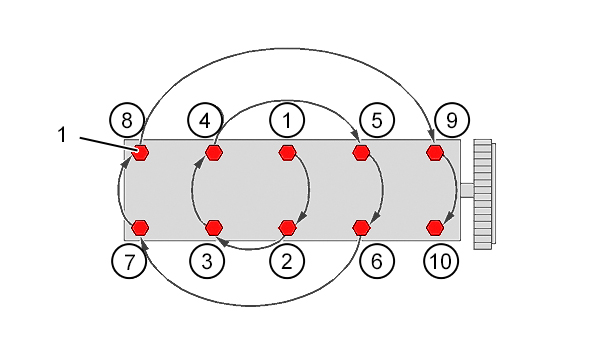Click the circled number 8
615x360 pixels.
[x=127, y=120]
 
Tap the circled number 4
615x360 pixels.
[x=205, y=120]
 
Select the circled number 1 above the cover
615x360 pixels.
[x=287, y=120]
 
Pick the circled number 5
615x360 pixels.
[x=377, y=120]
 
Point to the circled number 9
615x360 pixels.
[x=452, y=120]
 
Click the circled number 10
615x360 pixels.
[x=441, y=261]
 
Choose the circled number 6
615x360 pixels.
[x=377, y=261]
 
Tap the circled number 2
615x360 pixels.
[x=287, y=261]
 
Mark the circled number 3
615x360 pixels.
[x=207, y=261]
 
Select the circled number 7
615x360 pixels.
[x=129, y=261]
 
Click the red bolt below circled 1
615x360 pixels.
[x=287, y=153]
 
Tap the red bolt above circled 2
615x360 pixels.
[x=287, y=227]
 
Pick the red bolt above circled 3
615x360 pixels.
[x=214, y=227]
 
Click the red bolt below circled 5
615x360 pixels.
[x=361, y=153]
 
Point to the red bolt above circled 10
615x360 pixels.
[x=435, y=227]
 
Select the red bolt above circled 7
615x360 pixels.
[x=140, y=227]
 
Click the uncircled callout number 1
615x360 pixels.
[x=62, y=135]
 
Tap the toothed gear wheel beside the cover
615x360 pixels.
[x=484, y=194]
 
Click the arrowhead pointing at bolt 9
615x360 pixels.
[x=431, y=136]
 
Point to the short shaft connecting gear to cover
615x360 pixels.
[x=467, y=191]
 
